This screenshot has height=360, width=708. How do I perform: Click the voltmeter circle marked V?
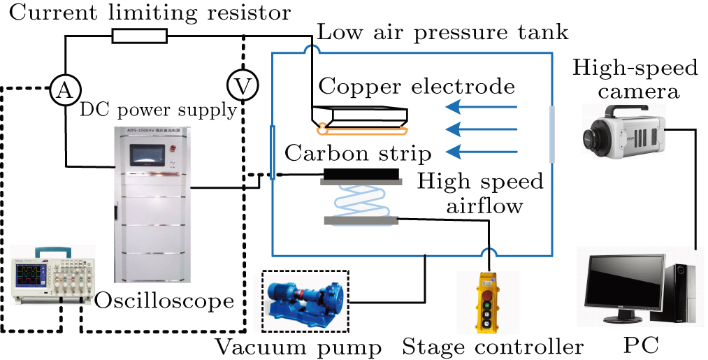(242, 85)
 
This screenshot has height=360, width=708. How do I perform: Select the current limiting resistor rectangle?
(140, 36)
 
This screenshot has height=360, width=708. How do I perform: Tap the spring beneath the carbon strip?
(361, 202)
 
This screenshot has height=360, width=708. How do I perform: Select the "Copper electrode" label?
(417, 86)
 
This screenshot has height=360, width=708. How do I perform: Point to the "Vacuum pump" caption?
(299, 346)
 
